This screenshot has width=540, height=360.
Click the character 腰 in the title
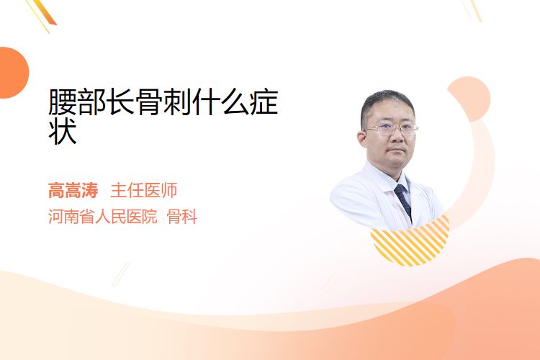pos(63,102)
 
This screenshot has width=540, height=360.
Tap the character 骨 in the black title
pos(148,102)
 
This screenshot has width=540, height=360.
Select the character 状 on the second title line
pos(63,131)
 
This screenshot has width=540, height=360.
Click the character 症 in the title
pos(264,102)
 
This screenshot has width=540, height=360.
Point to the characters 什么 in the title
pos(220,102)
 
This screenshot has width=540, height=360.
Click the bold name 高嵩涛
pos(73,190)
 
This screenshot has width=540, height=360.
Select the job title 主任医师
pos(143,190)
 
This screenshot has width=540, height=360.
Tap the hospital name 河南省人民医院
pos(103,216)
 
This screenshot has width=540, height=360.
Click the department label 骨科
pos(182,216)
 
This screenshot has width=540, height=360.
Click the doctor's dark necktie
pos(403,200)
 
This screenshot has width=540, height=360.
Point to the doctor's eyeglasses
pos(391,130)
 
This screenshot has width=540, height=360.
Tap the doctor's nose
pos(397,137)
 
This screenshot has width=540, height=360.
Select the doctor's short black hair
pos(387,102)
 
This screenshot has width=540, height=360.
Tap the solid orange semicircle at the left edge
pos(13,73)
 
